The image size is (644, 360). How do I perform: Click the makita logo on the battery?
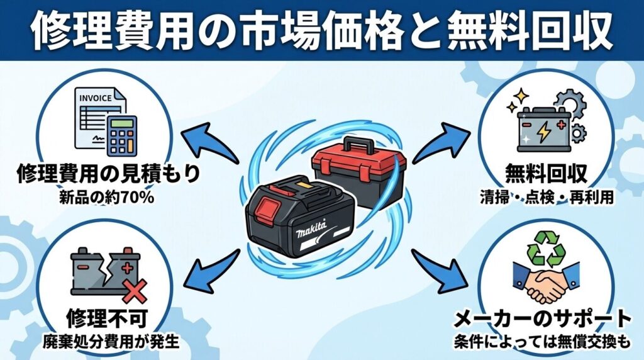pos(310,229)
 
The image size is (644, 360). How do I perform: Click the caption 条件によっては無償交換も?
pos(542,343)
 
